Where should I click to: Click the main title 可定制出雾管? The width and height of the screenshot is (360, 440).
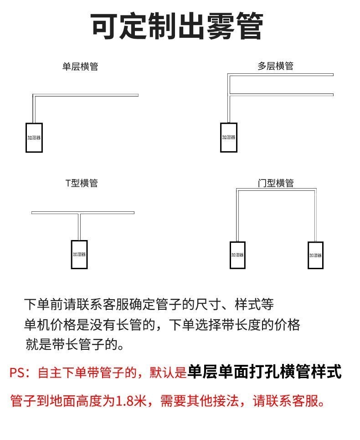[178, 26]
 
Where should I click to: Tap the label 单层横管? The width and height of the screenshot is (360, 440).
[80, 67]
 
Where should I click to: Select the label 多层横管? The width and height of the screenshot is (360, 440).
[275, 67]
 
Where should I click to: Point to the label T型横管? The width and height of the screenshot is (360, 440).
[82, 183]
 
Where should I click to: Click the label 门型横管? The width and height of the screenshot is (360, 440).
[275, 183]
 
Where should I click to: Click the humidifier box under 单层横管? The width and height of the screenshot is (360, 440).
[34, 137]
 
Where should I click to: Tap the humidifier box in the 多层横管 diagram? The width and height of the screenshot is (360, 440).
[229, 137]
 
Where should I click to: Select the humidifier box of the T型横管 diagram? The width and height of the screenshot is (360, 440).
[79, 254]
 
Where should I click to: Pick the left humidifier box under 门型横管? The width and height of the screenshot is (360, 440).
[237, 255]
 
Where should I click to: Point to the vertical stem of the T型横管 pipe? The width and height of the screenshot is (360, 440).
[79, 227]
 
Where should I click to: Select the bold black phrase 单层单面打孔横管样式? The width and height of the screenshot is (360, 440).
[264, 372]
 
